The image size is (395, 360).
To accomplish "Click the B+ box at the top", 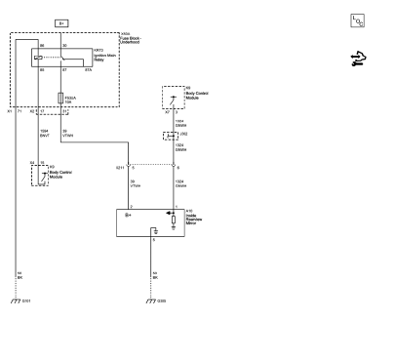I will coord(60,21).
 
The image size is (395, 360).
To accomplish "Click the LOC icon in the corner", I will coord(356,20).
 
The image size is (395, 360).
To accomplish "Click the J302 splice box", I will coord(173,134).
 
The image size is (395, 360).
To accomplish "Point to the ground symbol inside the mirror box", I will coord(153,231).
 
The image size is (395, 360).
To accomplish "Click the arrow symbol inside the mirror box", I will coord(174,213).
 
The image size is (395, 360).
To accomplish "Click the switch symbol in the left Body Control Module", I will coord(39,175).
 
